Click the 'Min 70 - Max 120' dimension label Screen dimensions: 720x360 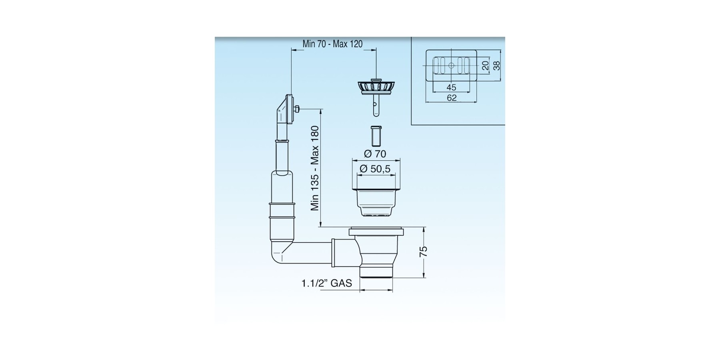332,44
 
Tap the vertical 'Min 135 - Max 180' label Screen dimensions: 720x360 315,168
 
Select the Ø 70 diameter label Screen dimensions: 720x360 375,154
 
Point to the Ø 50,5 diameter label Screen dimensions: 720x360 375,169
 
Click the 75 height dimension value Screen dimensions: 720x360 423,251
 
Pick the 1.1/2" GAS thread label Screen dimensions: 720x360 326,283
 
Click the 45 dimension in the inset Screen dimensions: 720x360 451,87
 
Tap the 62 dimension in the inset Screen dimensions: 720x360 451,98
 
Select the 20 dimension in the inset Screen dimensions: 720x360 485,65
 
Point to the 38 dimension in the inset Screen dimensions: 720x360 496,65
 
